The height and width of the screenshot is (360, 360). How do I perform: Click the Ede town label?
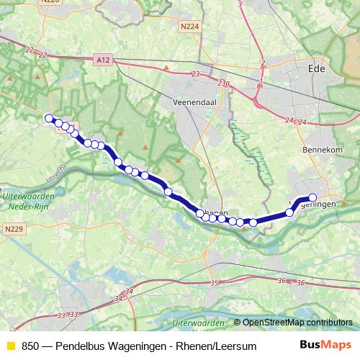337,71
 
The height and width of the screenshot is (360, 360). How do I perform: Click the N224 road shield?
190,27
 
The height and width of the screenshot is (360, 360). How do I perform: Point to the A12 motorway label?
103,62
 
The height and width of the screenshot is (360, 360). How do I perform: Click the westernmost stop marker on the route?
49,118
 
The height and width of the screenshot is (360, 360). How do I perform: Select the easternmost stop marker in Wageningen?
312,197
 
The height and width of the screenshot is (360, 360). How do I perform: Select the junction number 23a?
225,84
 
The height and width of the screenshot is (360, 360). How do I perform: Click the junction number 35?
214,284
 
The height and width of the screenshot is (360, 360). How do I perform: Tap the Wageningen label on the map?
315,205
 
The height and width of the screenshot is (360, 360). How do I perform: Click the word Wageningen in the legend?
146,346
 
